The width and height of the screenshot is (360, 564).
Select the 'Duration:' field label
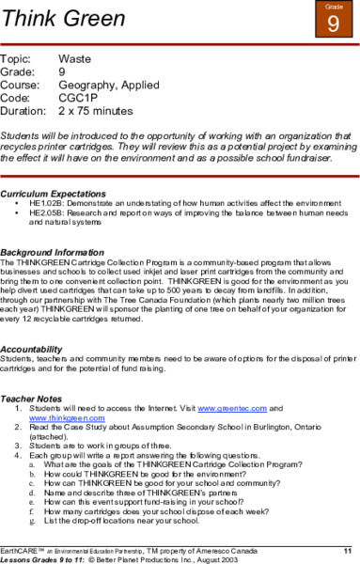(25, 108)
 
